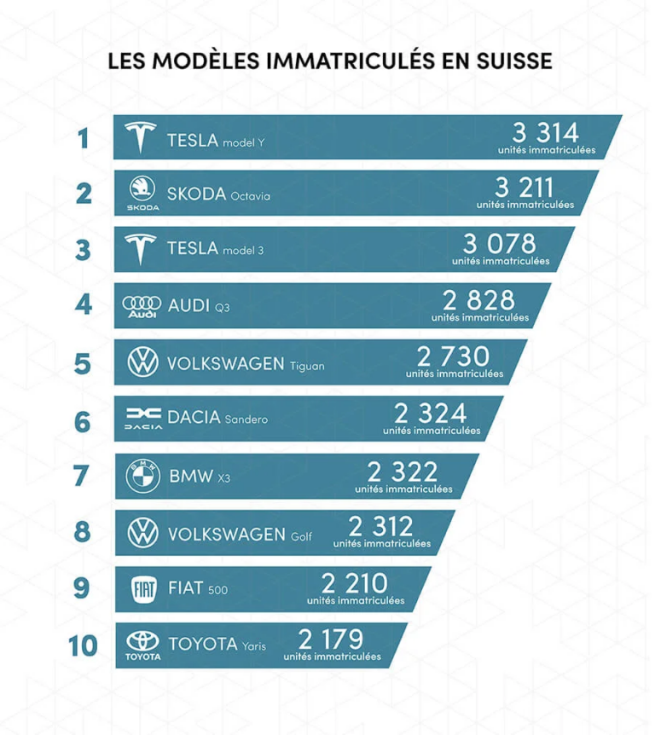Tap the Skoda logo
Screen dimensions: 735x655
[x=142, y=191]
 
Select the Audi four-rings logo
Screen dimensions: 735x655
[x=142, y=305]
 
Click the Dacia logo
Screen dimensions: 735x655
[x=142, y=418]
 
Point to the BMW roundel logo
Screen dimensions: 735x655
[x=142, y=475]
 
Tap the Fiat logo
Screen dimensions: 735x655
[x=142, y=589]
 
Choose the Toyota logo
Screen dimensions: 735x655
[x=142, y=645]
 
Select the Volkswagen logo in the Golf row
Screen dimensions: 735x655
[x=142, y=532]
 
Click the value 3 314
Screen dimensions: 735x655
[x=545, y=132]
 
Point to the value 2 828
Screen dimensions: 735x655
[x=478, y=300]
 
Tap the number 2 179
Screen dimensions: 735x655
[x=331, y=639]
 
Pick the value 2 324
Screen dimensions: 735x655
[x=430, y=414]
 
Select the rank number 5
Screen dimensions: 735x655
[x=83, y=363]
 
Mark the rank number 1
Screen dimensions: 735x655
[x=83, y=137]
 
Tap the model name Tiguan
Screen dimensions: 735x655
[x=307, y=366]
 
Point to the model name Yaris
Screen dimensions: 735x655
[x=253, y=646]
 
